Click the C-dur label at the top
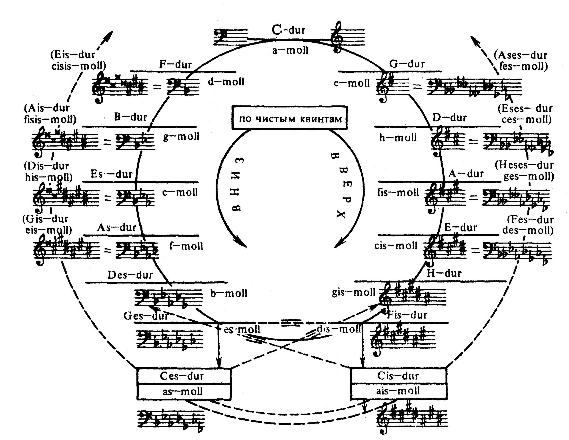point(289,30)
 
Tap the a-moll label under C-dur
point(290,50)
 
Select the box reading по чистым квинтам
point(290,118)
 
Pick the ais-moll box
point(398,391)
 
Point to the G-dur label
point(407,64)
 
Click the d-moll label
point(226,82)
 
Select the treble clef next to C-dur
point(336,37)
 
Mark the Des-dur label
point(130,275)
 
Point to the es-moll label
point(242,329)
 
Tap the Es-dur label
point(112,174)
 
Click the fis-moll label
point(398,192)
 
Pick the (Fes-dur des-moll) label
point(530,225)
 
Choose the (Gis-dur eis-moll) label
point(47,224)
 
